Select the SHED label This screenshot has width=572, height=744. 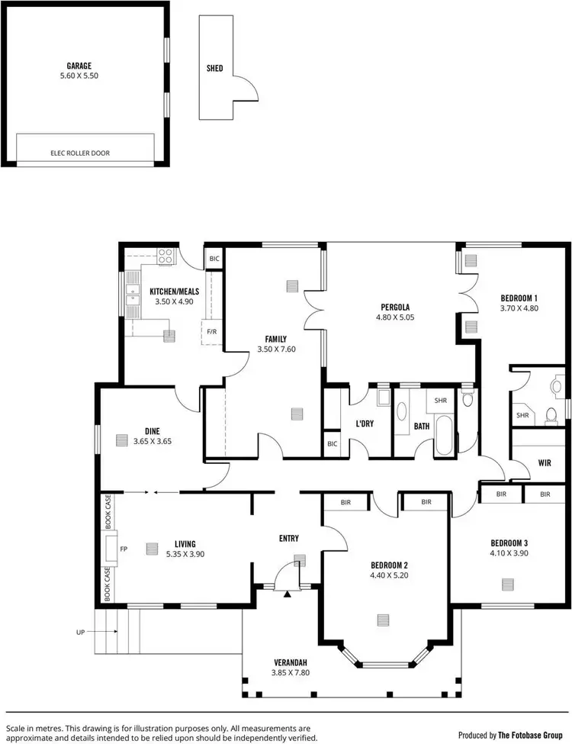[x=215, y=69]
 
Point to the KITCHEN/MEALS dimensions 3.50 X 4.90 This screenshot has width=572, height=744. [x=171, y=301]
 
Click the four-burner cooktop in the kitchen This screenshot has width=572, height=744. [x=165, y=256]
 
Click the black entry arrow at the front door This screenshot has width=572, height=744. [x=288, y=592]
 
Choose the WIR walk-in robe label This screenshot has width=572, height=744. [x=544, y=462]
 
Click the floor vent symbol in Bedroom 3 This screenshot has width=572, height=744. [x=509, y=584]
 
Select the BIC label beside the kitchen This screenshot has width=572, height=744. [x=214, y=259]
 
